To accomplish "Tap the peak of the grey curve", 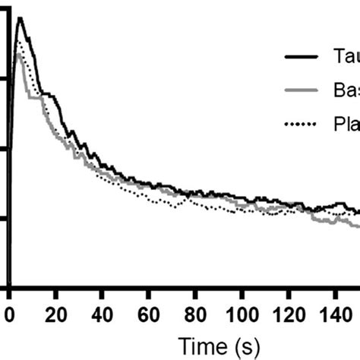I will [x=18, y=53].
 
